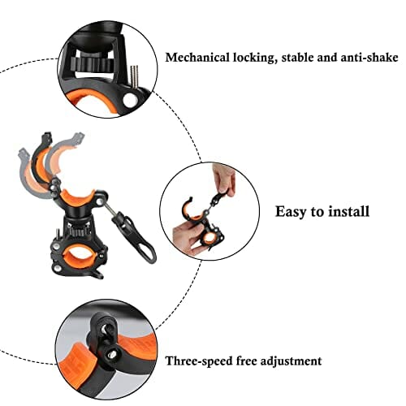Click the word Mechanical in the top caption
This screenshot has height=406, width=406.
pos(197,58)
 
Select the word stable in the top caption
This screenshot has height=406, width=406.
pos(297,58)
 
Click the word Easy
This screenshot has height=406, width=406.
pos(292,212)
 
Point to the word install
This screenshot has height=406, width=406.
pos(348,211)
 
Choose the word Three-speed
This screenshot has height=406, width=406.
pos(199,361)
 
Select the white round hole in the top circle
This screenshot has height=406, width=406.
pos(130,100)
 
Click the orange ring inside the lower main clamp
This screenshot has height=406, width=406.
pos(79,255)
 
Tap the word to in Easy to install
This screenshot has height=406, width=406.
pos(317,212)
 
